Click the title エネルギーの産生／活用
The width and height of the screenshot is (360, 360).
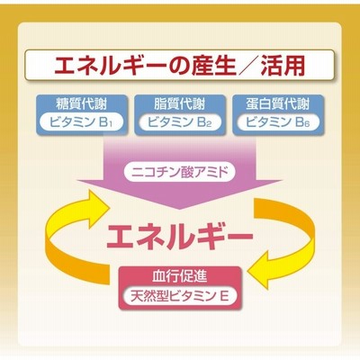[179, 65]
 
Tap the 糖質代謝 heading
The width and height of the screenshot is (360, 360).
[82, 104]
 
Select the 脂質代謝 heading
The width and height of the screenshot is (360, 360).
[180, 104]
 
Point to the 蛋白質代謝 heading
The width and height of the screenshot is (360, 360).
[277, 104]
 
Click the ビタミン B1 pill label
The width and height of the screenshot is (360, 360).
[82, 122]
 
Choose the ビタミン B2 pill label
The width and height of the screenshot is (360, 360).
[180, 122]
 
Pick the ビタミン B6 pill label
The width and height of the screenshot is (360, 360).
[277, 122]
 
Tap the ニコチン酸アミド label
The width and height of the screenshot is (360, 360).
[180, 173]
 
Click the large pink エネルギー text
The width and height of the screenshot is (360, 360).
[180, 237]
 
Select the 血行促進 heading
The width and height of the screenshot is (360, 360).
[180, 276]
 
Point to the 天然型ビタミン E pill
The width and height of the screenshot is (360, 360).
[180, 296]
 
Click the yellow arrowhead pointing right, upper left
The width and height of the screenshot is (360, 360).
[98, 202]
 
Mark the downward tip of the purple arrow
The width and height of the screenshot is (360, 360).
[180, 209]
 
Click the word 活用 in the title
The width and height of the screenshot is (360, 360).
[283, 65]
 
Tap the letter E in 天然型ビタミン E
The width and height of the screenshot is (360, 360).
[225, 296]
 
